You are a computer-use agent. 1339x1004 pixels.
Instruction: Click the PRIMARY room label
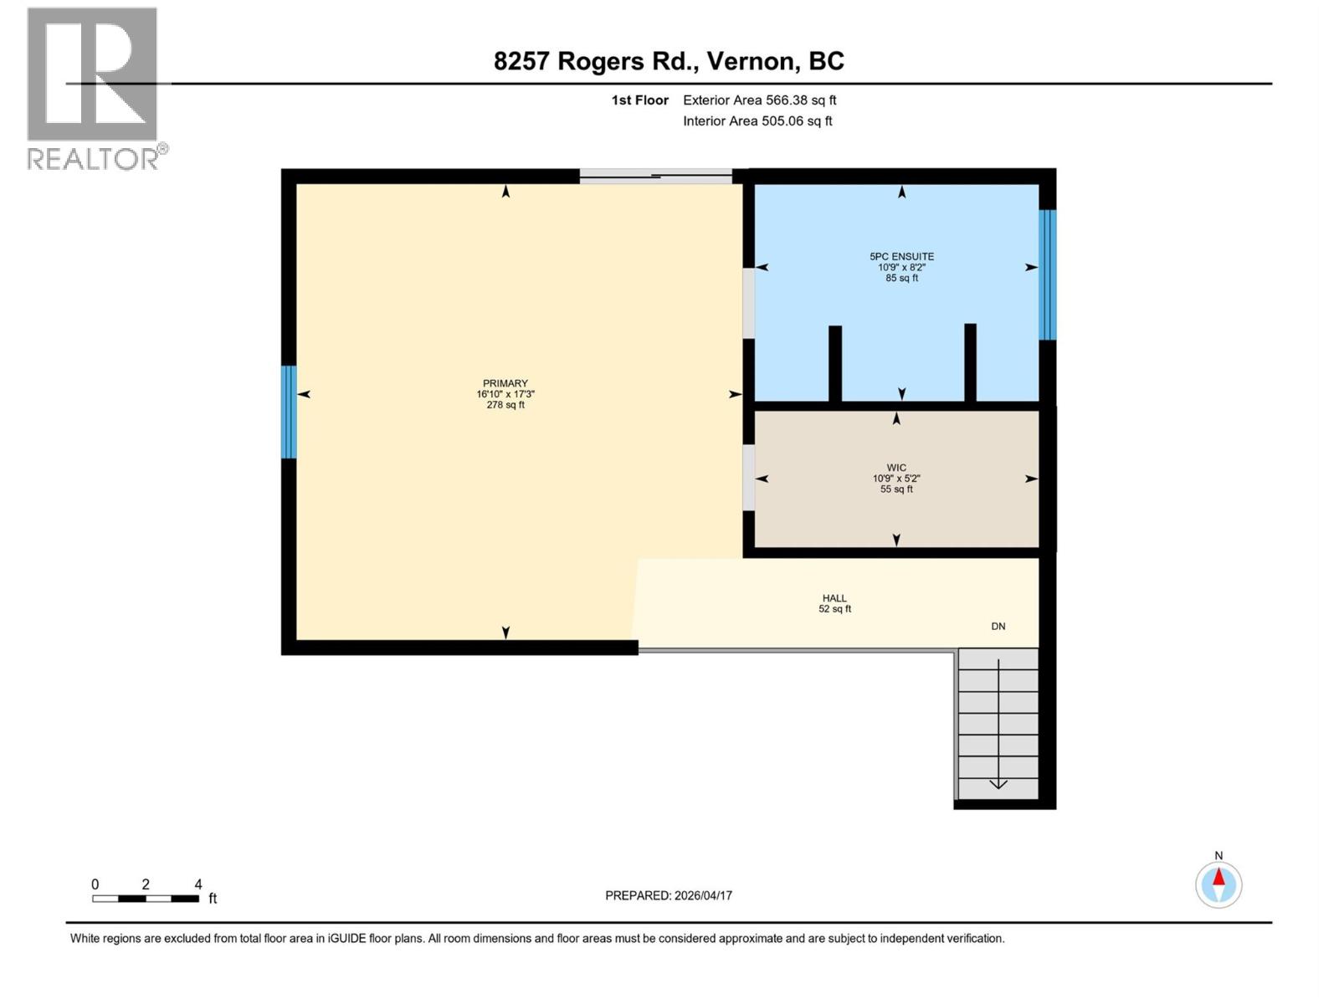coord(505,384)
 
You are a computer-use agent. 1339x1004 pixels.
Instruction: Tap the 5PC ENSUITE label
coord(901,257)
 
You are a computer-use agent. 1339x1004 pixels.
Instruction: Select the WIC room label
coord(896,469)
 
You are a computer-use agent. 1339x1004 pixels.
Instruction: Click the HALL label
coord(834,598)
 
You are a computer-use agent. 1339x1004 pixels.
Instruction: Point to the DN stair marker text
coord(998,627)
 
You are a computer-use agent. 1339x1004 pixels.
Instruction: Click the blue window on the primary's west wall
coord(289,412)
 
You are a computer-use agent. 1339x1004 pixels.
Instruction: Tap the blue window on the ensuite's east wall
coord(1047,274)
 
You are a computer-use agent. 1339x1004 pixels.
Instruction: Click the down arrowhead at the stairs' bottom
coord(998,784)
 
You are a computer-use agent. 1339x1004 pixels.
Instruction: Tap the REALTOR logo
coord(93,88)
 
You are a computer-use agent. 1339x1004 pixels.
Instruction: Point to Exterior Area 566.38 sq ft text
coord(759,100)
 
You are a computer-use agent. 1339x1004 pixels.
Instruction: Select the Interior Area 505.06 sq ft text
coord(757,121)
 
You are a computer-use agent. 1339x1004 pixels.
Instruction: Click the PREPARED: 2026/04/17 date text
coord(669,895)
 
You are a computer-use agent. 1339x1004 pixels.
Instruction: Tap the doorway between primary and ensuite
coord(748,303)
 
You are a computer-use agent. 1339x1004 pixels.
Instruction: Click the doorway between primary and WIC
coord(748,477)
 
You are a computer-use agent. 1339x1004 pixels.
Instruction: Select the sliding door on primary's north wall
coord(655,177)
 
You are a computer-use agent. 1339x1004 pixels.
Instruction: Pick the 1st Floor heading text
coord(639,100)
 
